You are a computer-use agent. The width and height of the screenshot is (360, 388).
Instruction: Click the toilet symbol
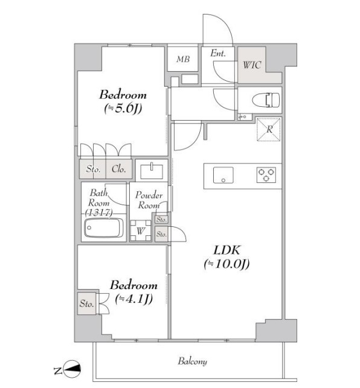click(x=266, y=100)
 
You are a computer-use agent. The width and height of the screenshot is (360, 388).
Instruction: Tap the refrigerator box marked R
click(x=269, y=129)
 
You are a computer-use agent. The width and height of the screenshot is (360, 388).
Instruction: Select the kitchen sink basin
click(x=223, y=175)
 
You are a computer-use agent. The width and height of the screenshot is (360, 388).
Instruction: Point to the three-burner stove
click(x=266, y=175)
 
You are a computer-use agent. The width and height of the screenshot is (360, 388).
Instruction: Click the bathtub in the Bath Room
click(x=103, y=227)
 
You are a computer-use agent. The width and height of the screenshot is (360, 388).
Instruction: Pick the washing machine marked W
click(x=141, y=231)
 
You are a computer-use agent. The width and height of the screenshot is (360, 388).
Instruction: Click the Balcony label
click(x=192, y=361)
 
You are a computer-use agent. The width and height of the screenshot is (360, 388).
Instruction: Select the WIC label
click(x=252, y=65)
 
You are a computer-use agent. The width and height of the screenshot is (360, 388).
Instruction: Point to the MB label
click(x=183, y=59)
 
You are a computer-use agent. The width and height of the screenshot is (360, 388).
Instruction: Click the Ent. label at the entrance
click(x=218, y=53)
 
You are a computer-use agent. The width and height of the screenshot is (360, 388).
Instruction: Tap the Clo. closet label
click(x=118, y=169)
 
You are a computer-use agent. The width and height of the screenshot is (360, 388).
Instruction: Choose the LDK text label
click(x=227, y=250)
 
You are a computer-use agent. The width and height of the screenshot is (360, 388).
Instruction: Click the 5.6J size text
click(x=123, y=109)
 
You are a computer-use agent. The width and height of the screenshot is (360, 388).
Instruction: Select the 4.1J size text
click(x=134, y=299)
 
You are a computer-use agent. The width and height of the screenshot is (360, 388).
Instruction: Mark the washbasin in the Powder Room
click(x=152, y=171)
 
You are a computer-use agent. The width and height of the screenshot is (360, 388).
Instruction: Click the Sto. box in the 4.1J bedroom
click(x=87, y=304)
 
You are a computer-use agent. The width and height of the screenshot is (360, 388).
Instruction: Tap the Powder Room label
click(x=149, y=200)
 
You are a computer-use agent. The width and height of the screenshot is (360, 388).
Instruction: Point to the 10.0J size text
click(x=227, y=264)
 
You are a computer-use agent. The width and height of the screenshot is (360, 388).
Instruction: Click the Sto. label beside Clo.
click(x=93, y=169)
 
